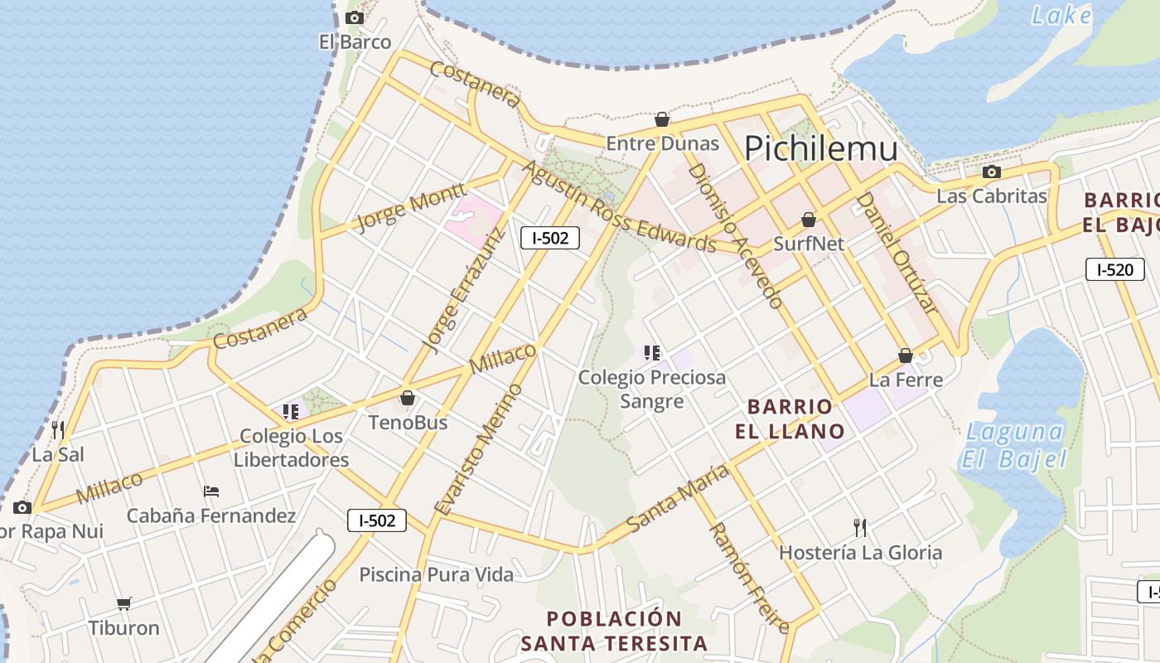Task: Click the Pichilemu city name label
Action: (820, 149)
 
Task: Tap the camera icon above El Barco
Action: (355, 17)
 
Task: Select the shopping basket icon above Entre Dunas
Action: (662, 120)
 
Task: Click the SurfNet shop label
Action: (809, 244)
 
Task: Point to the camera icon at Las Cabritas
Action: (991, 172)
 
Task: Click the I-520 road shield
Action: (1114, 269)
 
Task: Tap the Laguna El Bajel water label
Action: (1014, 445)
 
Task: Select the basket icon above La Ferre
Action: (906, 356)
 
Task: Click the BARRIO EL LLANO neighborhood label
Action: (790, 419)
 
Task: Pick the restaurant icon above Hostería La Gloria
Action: (860, 527)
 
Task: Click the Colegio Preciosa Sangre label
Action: (652, 389)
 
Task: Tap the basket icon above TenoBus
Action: (407, 399)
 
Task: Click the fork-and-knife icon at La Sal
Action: (58, 429)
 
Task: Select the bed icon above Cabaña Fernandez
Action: (210, 491)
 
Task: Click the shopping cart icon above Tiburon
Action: (123, 603)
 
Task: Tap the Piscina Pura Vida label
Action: (436, 574)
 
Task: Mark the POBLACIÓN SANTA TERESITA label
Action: (614, 631)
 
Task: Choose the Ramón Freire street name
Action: (747, 577)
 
